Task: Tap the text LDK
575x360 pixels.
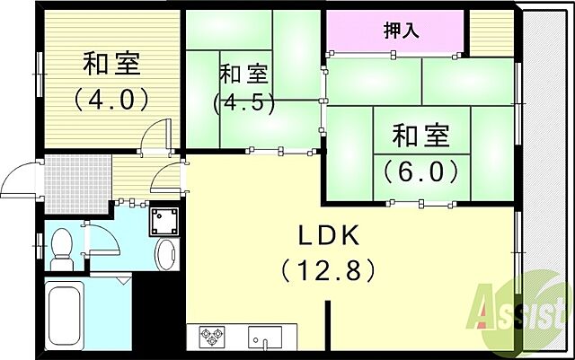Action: coord(330,236)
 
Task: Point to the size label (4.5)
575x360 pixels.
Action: coord(241,101)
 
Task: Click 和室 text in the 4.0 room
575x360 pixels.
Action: coord(111,65)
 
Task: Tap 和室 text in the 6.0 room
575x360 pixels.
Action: coord(420,136)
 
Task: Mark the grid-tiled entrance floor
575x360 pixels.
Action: coord(78,180)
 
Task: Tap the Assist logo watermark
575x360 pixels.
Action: coord(526,310)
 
